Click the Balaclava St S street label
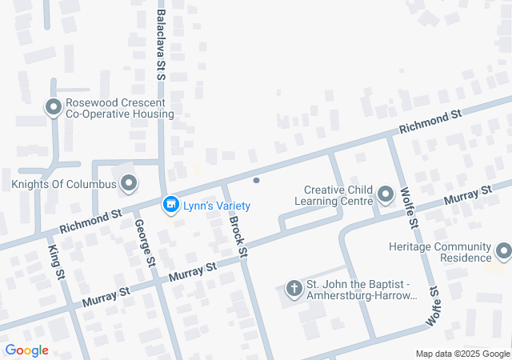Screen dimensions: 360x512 pyautogui.click(x=161, y=45)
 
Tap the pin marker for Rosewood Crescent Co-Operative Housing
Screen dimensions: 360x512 pyautogui.click(x=54, y=106)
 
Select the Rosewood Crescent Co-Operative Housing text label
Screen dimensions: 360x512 pyautogui.click(x=119, y=107)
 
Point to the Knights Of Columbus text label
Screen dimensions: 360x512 pyautogui.click(x=64, y=185)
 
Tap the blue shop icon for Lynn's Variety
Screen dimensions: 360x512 pyautogui.click(x=170, y=206)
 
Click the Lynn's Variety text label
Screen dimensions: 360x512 pyautogui.click(x=216, y=206)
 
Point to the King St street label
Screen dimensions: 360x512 pyautogui.click(x=57, y=262)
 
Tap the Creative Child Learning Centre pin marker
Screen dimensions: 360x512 pyautogui.click(x=386, y=194)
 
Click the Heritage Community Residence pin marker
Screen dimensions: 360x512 pyautogui.click(x=503, y=252)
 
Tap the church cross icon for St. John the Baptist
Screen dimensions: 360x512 pyautogui.click(x=294, y=287)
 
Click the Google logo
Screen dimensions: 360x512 pyautogui.click(x=26, y=350)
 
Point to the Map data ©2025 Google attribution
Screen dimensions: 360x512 pyautogui.click(x=462, y=354)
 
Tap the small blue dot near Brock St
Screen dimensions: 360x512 pyautogui.click(x=256, y=180)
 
